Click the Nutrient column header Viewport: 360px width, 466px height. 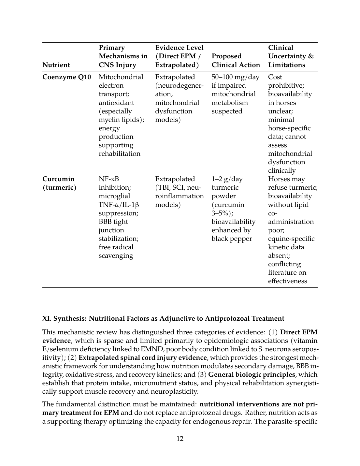(x=56, y=65)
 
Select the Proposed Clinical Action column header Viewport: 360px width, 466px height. (x=236, y=61)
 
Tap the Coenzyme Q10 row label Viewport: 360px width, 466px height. (x=67, y=77)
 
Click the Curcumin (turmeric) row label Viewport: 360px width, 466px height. (x=59, y=183)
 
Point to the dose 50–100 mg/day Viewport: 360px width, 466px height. (x=235, y=77)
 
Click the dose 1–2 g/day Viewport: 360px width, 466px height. (x=227, y=179)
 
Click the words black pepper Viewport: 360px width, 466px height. (x=232, y=239)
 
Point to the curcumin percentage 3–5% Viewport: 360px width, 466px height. (x=221, y=213)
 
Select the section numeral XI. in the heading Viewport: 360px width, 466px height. (x=47, y=318)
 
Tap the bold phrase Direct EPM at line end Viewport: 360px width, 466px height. (x=298, y=332)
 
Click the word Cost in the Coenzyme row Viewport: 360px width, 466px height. (x=275, y=77)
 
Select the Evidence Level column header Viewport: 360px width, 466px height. (x=179, y=56)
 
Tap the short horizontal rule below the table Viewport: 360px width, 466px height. (x=180, y=302)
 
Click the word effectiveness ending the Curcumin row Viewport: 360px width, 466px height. (x=287, y=281)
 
